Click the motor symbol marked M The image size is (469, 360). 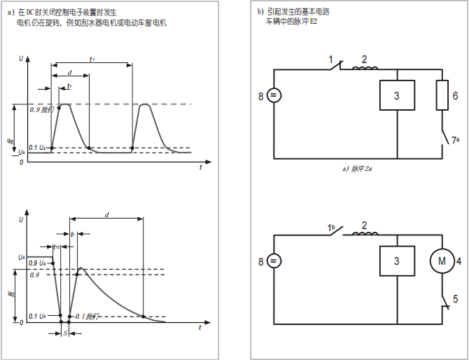coord(442,262)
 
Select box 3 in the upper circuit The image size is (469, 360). coord(396,96)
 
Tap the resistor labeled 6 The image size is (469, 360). coord(442,95)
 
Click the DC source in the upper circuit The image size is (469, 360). coord(273,96)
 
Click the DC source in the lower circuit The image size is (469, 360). coord(273,262)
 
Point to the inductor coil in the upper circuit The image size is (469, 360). coord(365,68)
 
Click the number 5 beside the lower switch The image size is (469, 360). coord(456,299)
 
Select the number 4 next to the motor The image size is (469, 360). coord(458,262)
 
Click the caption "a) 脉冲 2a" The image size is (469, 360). coord(356,169)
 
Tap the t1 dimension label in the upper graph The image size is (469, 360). coord(92,59)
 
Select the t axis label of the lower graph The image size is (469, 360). coord(201,328)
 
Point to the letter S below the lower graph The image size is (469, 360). coord(65,335)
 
